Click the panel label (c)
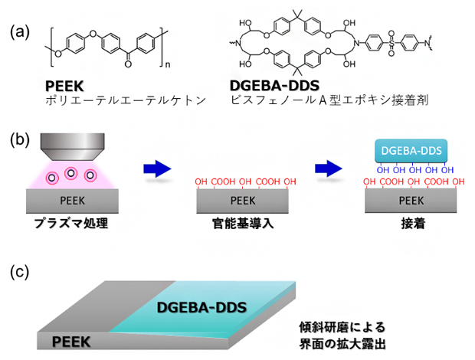pos(21,272)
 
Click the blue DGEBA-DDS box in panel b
pos(411,151)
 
